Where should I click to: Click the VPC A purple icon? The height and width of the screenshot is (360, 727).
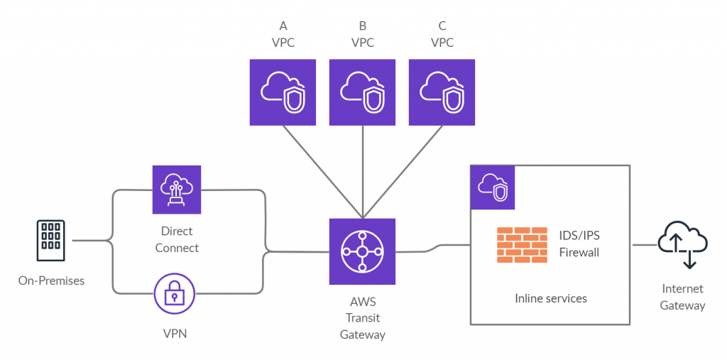pos(283,92)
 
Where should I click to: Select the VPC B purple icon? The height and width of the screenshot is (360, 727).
pos(362,92)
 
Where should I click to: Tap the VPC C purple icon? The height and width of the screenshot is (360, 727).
pos(442,92)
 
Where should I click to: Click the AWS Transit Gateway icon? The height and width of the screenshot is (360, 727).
pos(362,251)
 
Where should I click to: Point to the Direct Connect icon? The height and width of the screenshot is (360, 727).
pos(177,190)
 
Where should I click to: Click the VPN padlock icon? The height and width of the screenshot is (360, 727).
pos(175,295)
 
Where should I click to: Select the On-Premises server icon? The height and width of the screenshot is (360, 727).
pos(51,235)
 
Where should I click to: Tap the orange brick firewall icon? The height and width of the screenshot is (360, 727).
pos(522,244)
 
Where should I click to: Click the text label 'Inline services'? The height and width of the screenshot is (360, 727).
pos(550,298)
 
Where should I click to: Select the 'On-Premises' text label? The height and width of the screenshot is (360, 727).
pos(51,281)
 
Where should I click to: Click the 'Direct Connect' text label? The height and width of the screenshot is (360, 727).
pos(177,240)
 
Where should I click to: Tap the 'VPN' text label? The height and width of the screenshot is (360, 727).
pos(175,332)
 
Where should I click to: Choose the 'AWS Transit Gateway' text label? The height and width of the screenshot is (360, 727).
pos(362,318)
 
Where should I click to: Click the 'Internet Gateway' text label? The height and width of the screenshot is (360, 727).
pos(682,298)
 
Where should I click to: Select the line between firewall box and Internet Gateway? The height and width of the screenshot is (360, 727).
pos(644,245)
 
